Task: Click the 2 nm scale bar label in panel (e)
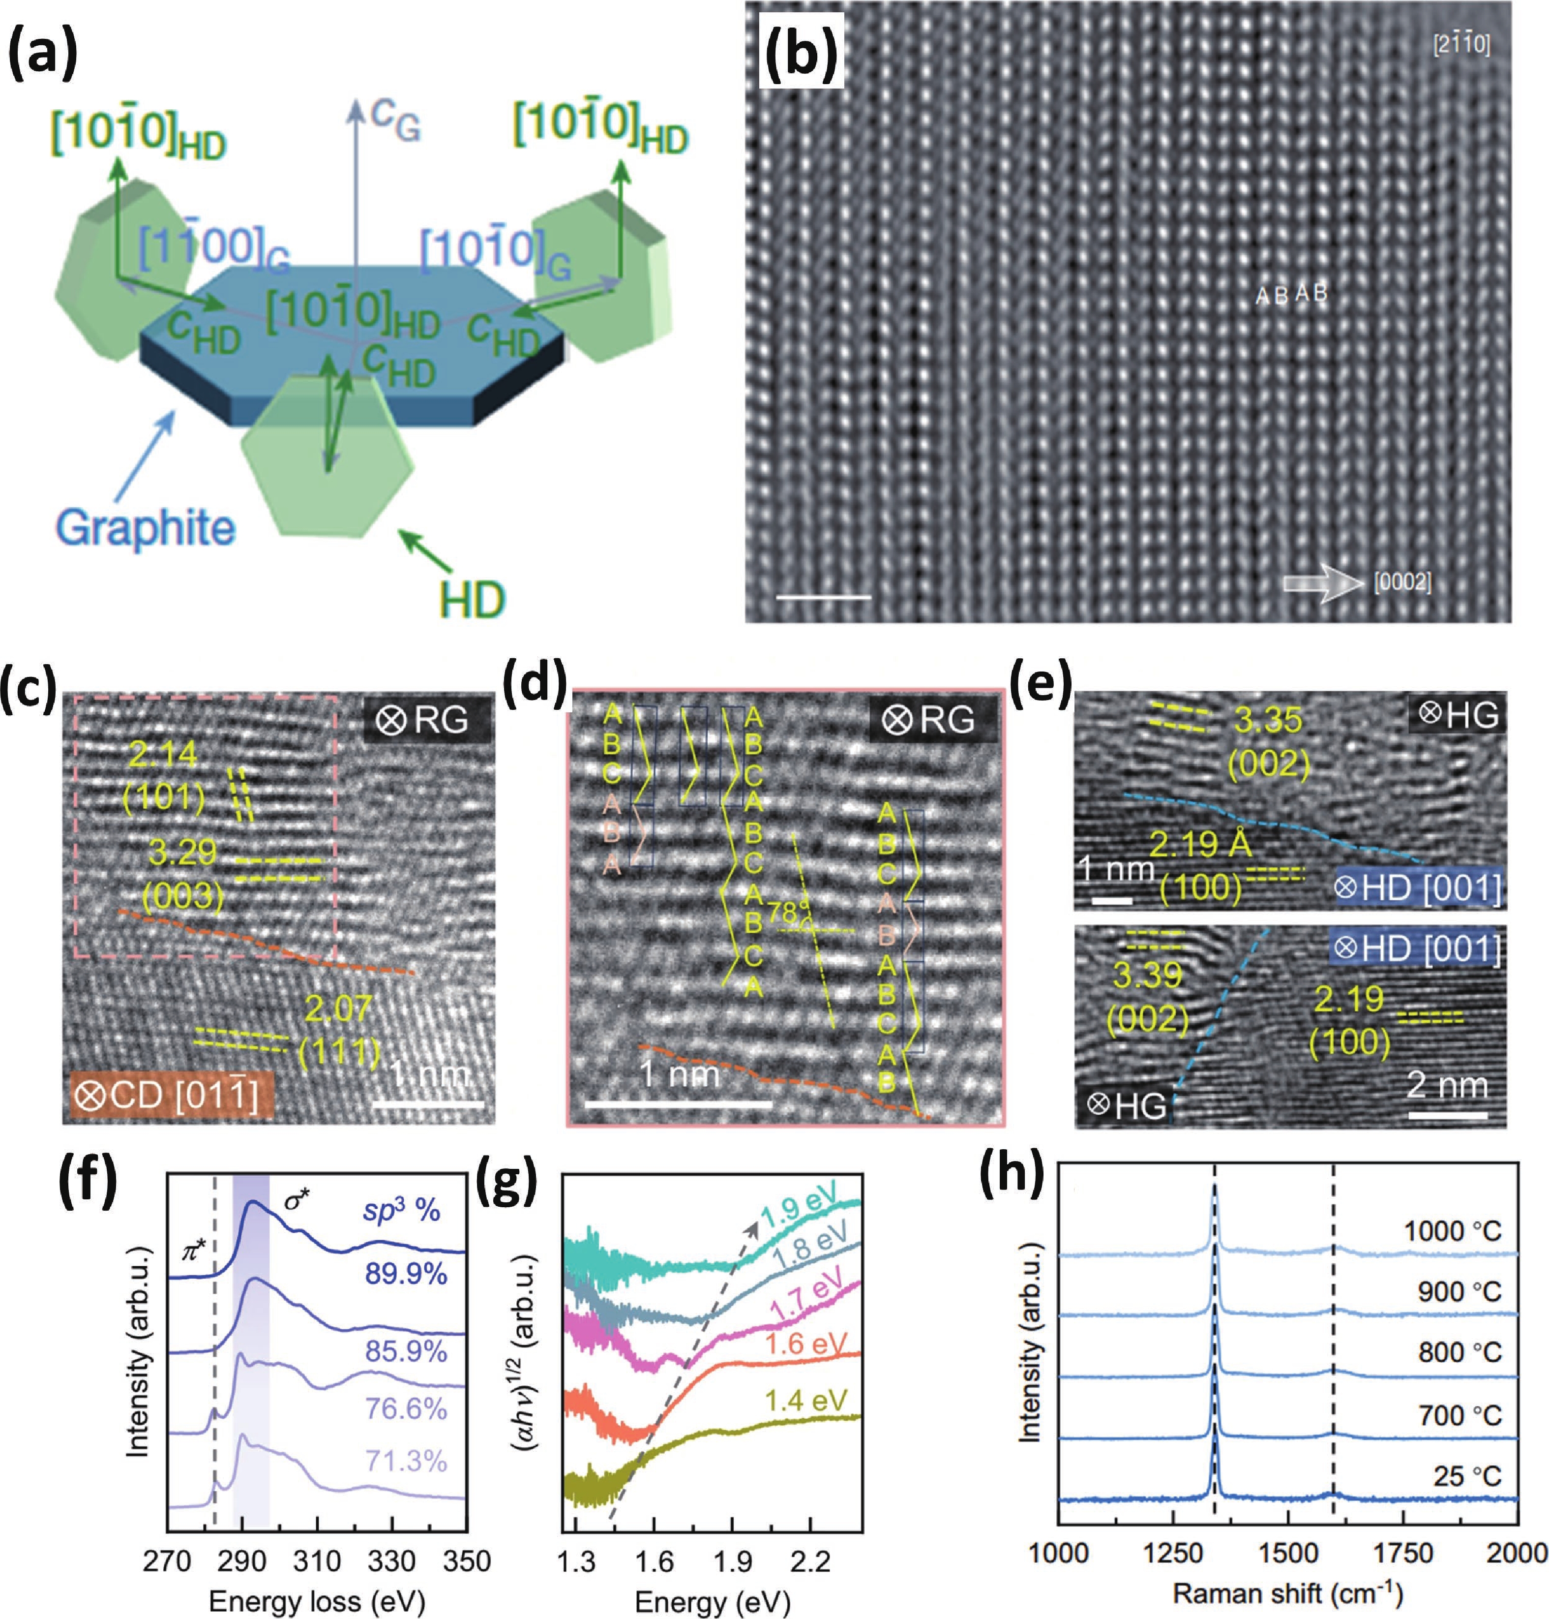1447,1085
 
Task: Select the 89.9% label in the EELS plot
405,1275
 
